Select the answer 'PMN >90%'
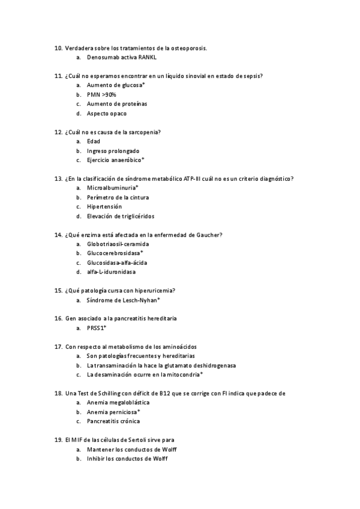coord(101,95)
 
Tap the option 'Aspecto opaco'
coord(107,113)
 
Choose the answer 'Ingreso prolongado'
coord(113,151)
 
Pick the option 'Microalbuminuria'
coord(112,188)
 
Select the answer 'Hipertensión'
coord(104,206)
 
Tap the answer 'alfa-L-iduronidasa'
coord(111,272)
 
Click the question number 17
coord(58,347)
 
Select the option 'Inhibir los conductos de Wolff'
coord(127,459)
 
